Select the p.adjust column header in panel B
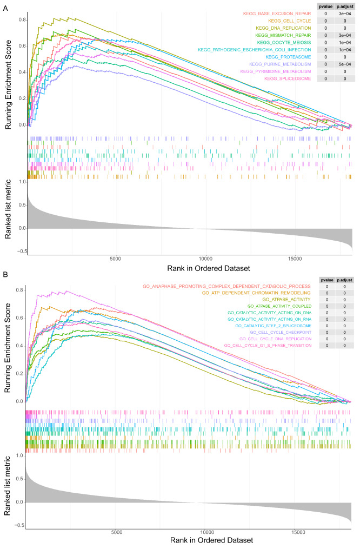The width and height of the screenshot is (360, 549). tap(344, 280)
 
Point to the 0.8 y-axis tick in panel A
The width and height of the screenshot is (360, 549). tap(21, 20)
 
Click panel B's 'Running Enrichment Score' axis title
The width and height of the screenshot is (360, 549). tap(8, 346)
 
